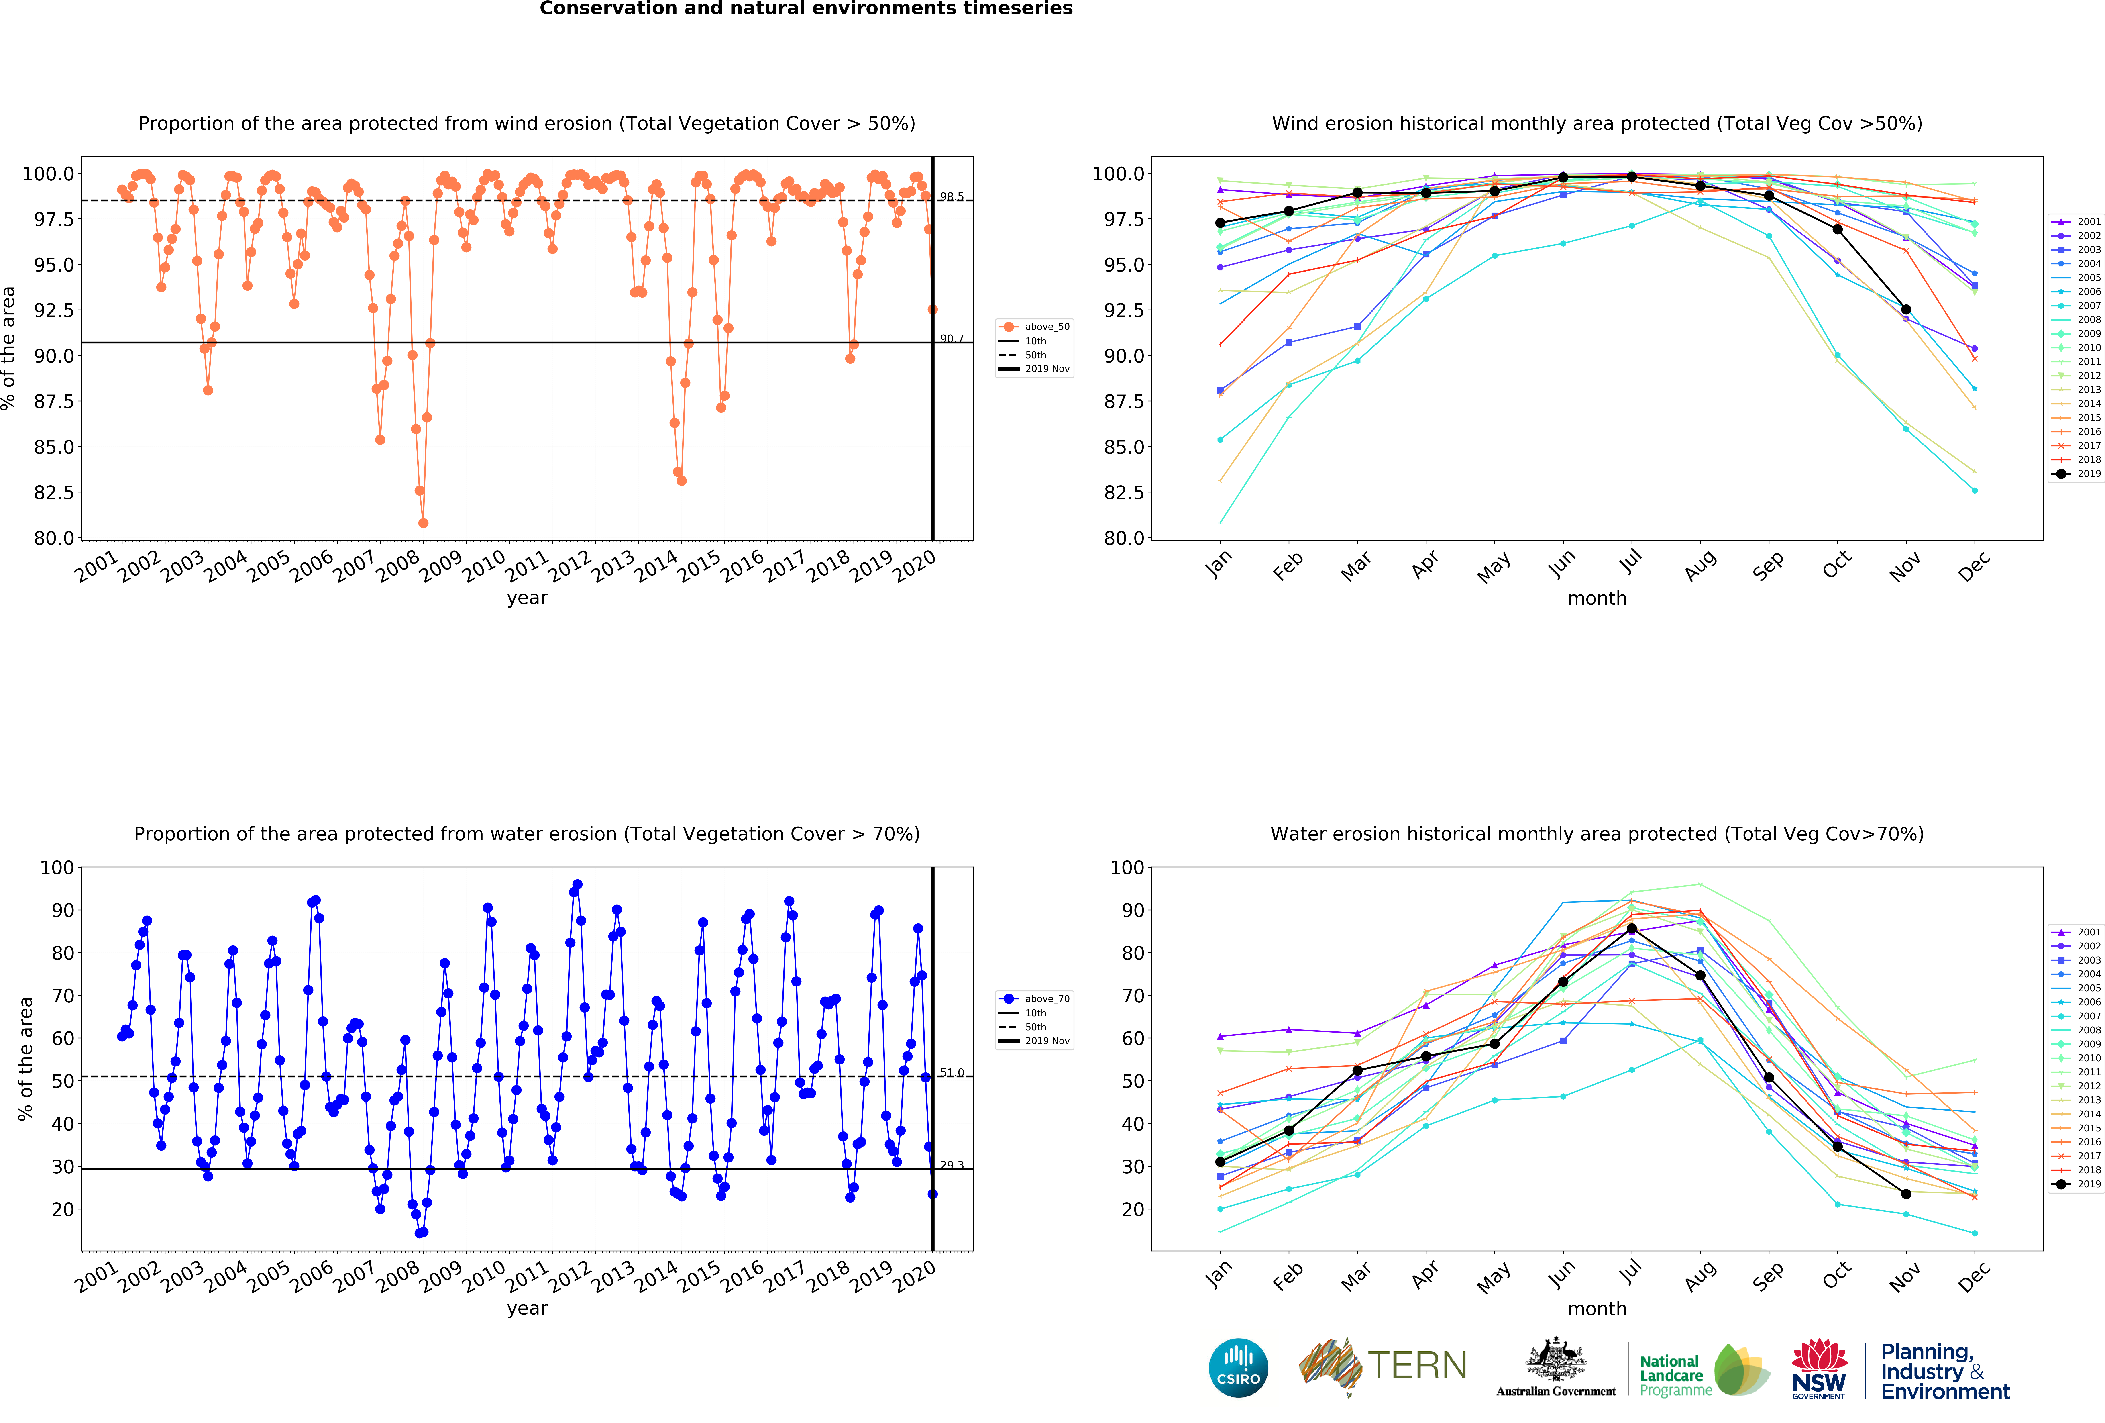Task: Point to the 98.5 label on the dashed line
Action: (x=951, y=197)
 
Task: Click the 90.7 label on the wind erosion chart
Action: (x=951, y=339)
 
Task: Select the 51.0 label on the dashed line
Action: (x=951, y=1072)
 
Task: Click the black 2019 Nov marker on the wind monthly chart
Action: (x=1906, y=310)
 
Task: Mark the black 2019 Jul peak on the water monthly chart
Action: (x=1631, y=929)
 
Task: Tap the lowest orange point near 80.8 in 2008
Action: (x=423, y=523)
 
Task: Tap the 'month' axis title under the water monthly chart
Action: (x=1597, y=1309)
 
